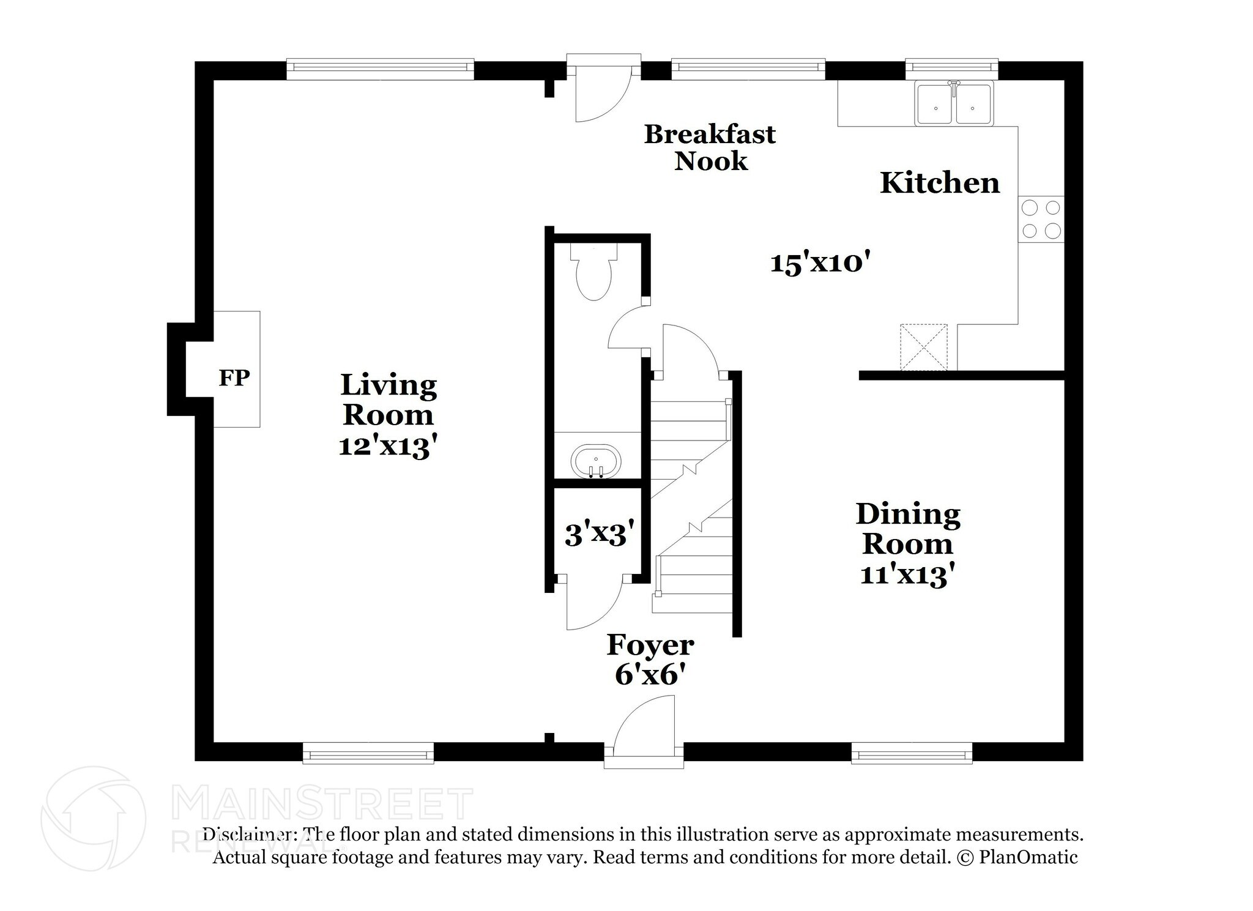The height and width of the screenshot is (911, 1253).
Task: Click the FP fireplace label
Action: [234, 378]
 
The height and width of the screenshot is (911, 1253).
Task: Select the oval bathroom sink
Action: [595, 461]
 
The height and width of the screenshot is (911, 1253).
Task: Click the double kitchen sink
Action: [954, 105]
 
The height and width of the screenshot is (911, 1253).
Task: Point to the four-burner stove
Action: [1041, 219]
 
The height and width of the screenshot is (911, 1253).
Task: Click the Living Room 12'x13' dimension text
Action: [388, 447]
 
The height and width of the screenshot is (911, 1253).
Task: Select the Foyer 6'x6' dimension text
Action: [649, 675]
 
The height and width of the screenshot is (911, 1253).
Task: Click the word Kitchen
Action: [939, 183]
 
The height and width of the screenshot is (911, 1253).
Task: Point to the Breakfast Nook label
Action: [710, 147]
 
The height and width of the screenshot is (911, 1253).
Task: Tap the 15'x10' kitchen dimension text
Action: [820, 263]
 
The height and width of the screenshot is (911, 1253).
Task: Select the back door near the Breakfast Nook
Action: [602, 92]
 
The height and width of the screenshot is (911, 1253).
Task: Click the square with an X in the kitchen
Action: [923, 347]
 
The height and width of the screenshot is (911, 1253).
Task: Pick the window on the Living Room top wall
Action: [380, 69]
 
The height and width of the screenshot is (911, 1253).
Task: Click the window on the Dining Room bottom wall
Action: [911, 753]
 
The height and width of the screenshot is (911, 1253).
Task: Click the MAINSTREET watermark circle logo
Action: [93, 818]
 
